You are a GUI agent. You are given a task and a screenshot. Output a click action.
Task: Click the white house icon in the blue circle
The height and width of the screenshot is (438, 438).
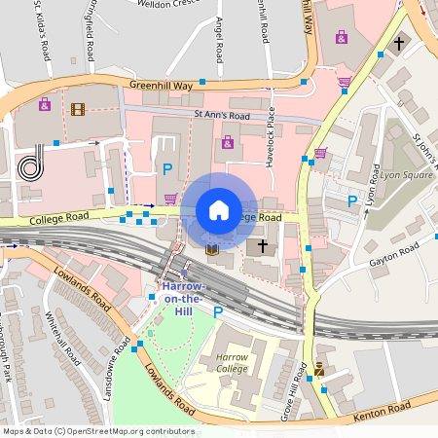tap(219, 210)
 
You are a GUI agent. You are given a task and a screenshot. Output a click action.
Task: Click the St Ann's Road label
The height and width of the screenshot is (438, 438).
tap(222, 115)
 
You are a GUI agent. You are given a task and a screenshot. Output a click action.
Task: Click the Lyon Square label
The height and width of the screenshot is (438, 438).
tap(407, 175)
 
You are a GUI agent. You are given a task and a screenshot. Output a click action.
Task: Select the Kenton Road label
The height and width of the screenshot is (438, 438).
tap(388, 406)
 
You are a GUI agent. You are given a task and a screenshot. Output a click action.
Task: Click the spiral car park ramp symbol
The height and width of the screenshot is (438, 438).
tap(32, 163)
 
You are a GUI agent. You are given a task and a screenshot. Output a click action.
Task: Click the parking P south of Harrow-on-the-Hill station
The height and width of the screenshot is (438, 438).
tap(217, 313)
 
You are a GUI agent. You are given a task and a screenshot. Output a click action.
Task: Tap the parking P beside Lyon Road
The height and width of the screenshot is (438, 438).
tap(352, 201)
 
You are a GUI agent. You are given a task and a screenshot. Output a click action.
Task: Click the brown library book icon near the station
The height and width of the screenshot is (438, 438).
tap(211, 251)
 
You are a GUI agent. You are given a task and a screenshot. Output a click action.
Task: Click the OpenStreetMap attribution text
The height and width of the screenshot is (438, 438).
tap(97, 431)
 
